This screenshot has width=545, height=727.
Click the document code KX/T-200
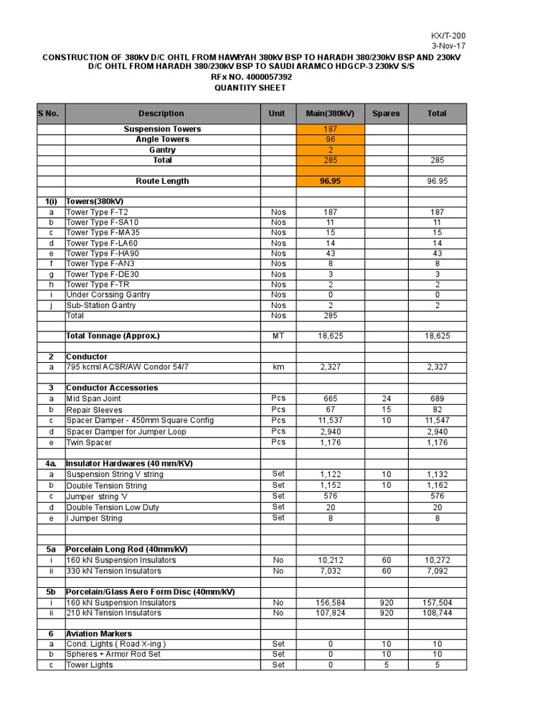[x=448, y=35]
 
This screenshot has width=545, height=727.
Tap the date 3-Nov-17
[x=451, y=46]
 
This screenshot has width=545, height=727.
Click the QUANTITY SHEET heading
[x=251, y=88]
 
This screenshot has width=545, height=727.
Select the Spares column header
[x=386, y=114]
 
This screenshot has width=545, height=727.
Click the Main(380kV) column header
[x=330, y=114]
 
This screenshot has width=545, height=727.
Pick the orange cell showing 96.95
[x=330, y=181]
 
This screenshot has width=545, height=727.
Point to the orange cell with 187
[x=330, y=129]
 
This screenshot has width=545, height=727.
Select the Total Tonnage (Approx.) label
[x=113, y=336]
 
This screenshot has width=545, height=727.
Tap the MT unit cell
[x=278, y=336]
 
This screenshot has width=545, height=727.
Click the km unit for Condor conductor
[x=278, y=367]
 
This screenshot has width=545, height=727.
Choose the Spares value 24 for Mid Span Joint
[x=386, y=399]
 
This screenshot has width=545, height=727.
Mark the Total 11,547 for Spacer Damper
[x=437, y=420]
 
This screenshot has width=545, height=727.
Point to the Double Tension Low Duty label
[x=112, y=508]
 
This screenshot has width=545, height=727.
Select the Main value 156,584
[x=330, y=603]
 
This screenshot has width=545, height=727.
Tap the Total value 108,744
[x=437, y=613]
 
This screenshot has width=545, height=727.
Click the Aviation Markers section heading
[x=99, y=633]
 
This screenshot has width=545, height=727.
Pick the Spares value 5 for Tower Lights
[x=386, y=665]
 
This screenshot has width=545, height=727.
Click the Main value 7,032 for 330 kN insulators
[x=330, y=571]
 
